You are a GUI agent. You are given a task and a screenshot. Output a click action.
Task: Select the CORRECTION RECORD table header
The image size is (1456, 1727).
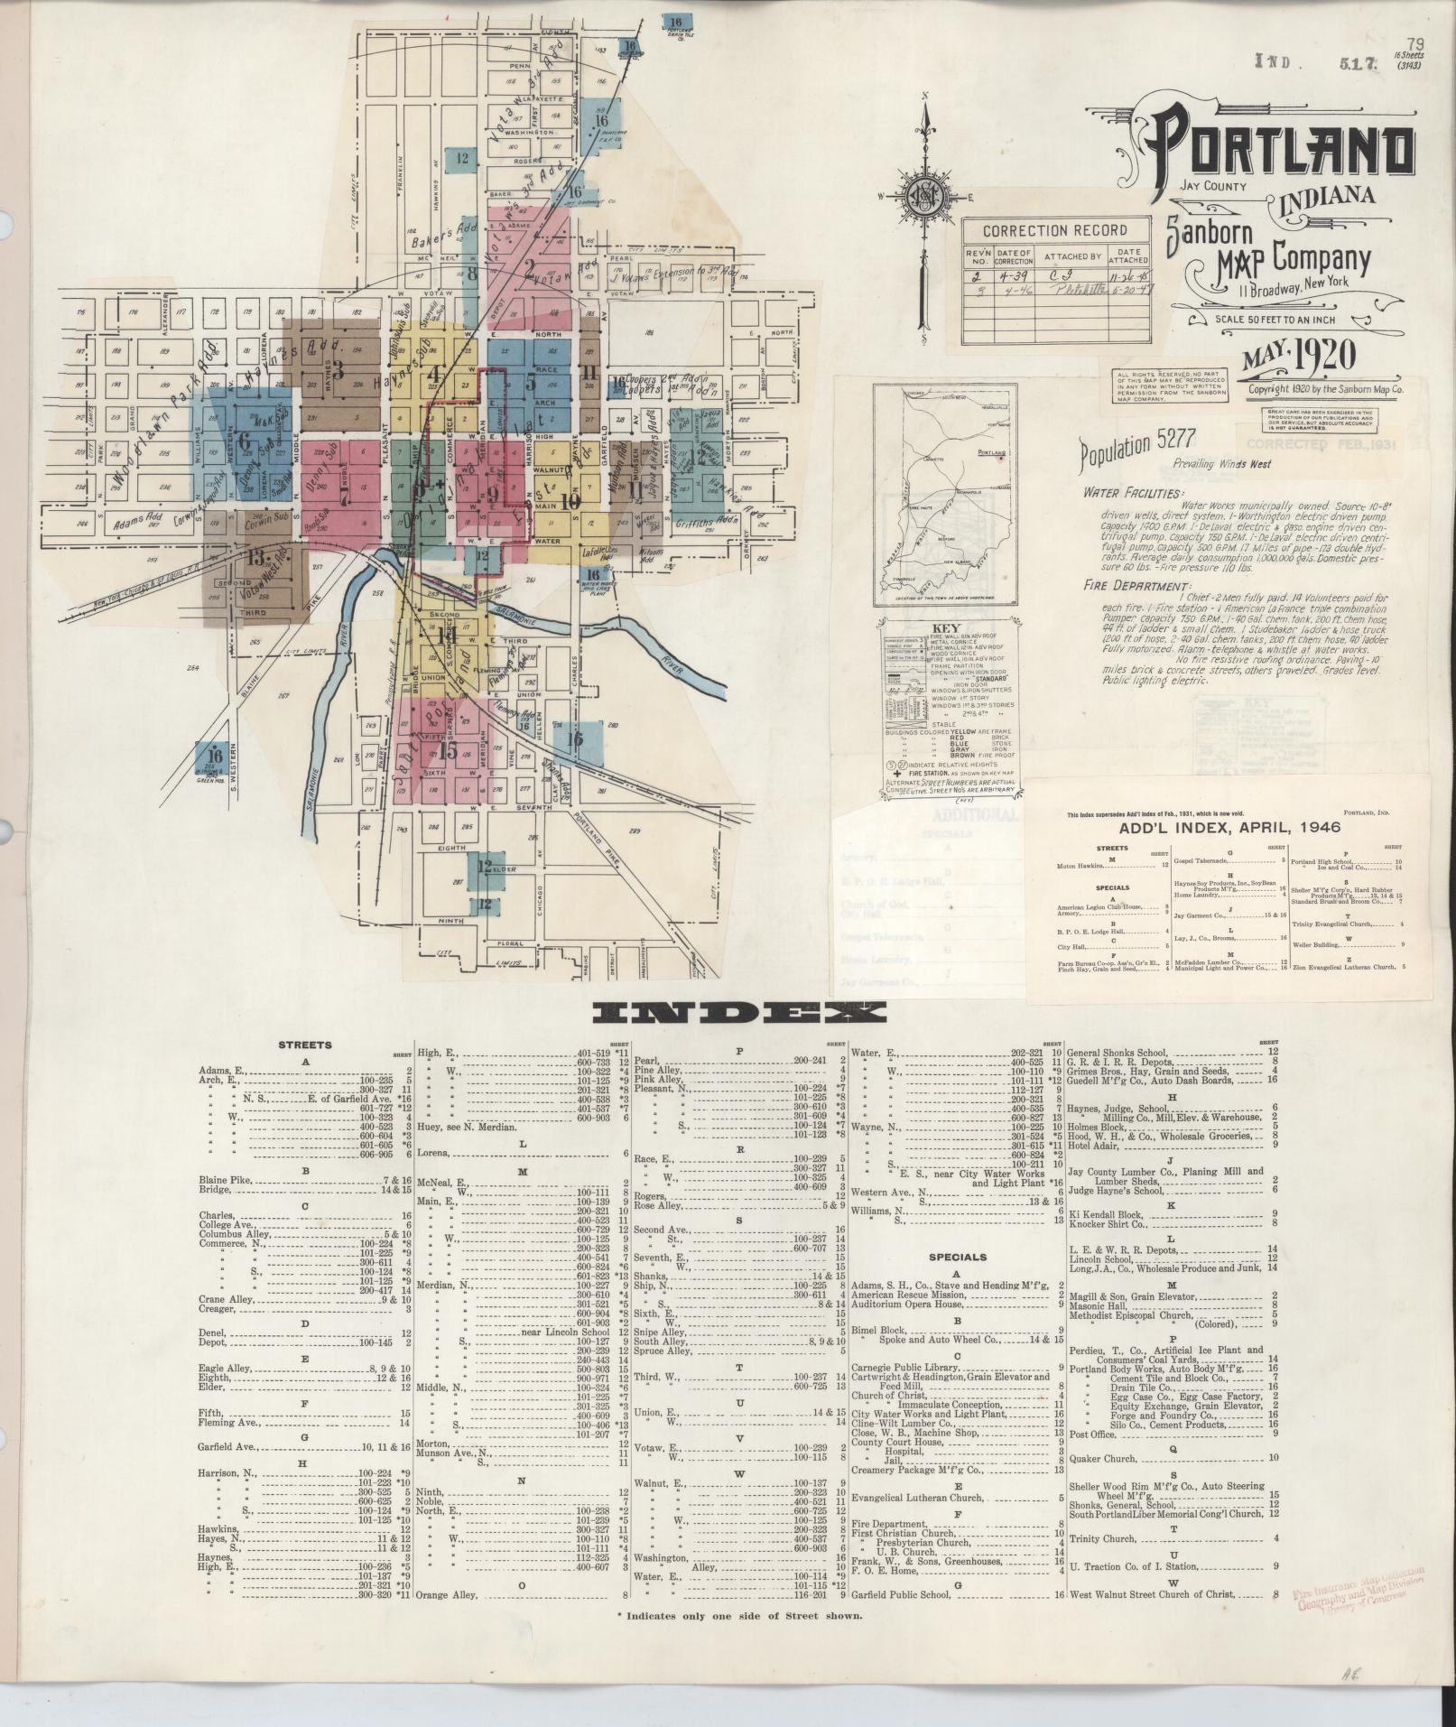click(x=1056, y=231)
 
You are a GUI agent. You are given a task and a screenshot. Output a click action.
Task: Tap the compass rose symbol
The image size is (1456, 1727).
click(x=926, y=201)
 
